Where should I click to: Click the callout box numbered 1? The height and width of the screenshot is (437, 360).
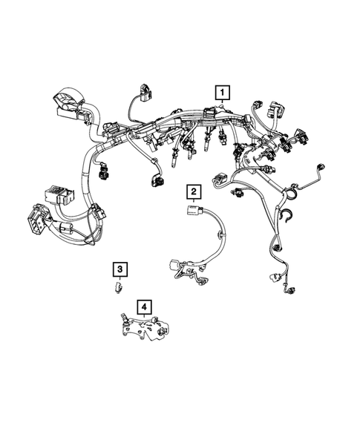(x=222, y=93)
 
